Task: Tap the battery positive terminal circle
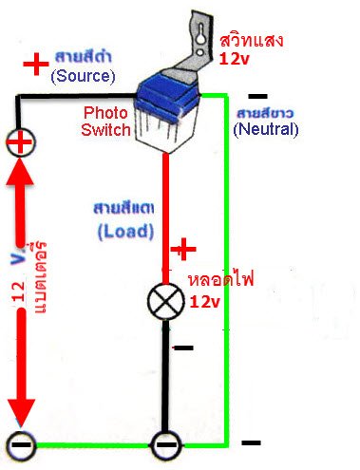[x=19, y=143]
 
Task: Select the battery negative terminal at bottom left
[x=19, y=442]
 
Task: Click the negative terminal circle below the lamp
[x=166, y=442]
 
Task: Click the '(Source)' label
[x=84, y=75]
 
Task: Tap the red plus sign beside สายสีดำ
[x=35, y=64]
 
